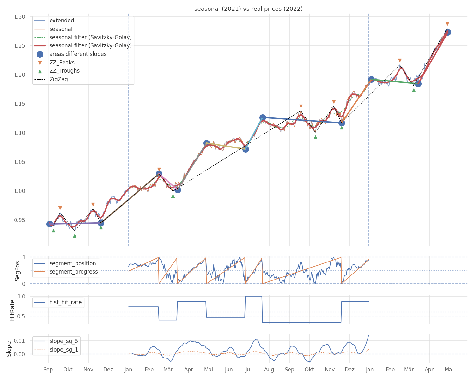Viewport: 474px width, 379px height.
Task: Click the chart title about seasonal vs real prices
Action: [248, 9]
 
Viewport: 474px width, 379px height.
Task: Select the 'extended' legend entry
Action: [54, 21]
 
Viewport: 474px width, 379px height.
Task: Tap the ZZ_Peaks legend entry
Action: [56, 63]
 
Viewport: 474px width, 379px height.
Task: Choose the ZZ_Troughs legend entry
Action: [59, 71]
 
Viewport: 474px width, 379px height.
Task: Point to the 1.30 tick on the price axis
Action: [20, 17]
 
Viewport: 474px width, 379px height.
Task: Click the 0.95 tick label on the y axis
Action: [20, 220]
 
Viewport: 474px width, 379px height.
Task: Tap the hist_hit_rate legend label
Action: [65, 302]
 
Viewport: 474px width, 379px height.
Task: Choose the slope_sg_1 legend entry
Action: [56, 350]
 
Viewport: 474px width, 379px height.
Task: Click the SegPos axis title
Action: [17, 271]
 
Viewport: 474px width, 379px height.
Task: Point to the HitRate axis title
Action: [12, 310]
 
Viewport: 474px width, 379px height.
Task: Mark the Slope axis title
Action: [9, 349]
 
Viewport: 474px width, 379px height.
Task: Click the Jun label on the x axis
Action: [229, 370]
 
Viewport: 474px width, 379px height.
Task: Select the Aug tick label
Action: [269, 370]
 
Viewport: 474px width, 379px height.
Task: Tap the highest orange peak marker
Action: [447, 24]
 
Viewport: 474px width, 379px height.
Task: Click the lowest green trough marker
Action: [75, 236]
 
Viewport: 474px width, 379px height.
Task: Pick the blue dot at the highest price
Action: [448, 32]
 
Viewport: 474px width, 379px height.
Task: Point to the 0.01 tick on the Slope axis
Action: [19, 341]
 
